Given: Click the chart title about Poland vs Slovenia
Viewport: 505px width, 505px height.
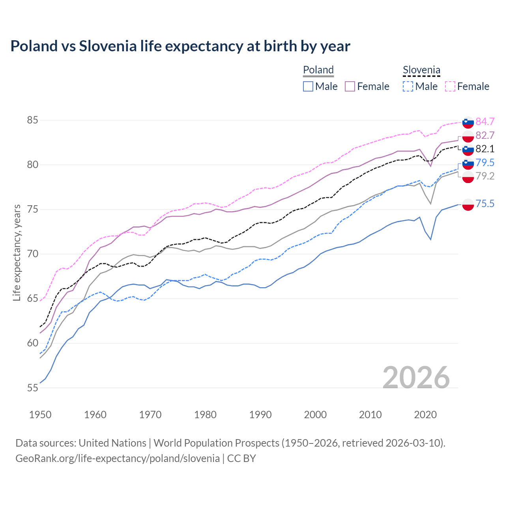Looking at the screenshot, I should tap(180, 46).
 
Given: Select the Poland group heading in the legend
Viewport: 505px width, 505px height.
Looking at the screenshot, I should tap(318, 70).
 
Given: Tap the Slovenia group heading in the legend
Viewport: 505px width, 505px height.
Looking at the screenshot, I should tap(421, 70).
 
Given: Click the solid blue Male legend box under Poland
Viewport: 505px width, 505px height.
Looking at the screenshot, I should tap(308, 86).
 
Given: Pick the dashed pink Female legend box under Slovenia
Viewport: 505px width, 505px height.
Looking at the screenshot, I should tap(450, 86).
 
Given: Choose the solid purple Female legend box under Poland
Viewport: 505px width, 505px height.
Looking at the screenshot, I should tap(350, 86).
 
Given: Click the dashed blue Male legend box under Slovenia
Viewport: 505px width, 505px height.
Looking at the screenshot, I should tap(408, 86).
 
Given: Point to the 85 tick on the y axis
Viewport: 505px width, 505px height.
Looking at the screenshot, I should tap(32, 120).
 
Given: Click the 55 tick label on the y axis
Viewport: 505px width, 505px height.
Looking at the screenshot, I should tap(32, 388).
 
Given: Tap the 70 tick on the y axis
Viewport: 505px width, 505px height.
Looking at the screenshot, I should tap(32, 254).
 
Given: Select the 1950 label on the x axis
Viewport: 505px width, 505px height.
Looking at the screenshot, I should tap(40, 415).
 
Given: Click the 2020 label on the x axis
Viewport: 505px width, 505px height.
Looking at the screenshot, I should tap(425, 415).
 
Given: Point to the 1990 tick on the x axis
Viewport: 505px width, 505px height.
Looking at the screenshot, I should tap(260, 415).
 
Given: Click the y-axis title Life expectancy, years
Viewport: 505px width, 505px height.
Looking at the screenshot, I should tap(17, 252).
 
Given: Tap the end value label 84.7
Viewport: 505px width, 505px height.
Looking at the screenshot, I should tap(485, 122).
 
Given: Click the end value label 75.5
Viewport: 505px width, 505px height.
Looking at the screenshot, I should tap(485, 204).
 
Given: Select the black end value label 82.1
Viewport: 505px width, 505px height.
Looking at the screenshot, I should tap(485, 149).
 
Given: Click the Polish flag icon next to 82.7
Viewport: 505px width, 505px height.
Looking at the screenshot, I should tap(468, 136).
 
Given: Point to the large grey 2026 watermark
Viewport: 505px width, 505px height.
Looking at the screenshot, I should tap(416, 378).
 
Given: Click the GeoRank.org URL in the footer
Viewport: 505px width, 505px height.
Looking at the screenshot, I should tap(118, 458).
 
